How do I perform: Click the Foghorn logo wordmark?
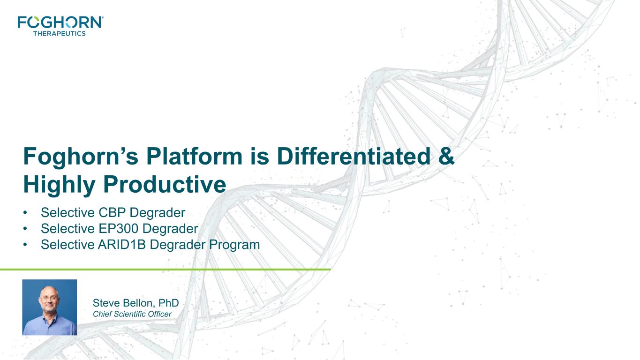click(x=60, y=22)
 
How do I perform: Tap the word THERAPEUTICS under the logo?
click(x=60, y=33)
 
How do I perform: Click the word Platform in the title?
click(x=194, y=156)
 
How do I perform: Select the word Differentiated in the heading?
click(x=354, y=156)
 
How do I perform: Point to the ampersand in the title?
click(x=446, y=156)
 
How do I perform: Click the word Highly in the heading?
click(x=59, y=185)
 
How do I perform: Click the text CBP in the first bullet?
click(x=112, y=212)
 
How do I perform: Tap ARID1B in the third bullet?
click(x=122, y=245)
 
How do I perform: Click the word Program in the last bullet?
click(x=234, y=245)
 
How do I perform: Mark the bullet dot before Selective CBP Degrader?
click(x=25, y=212)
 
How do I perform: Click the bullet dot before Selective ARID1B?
click(x=25, y=245)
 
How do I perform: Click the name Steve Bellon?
click(x=124, y=303)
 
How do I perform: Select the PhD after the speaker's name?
click(x=169, y=303)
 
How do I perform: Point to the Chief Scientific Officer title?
click(x=132, y=314)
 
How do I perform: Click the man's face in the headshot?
click(x=49, y=300)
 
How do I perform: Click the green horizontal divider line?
click(x=165, y=269)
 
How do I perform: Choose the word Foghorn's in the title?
click(x=81, y=157)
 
